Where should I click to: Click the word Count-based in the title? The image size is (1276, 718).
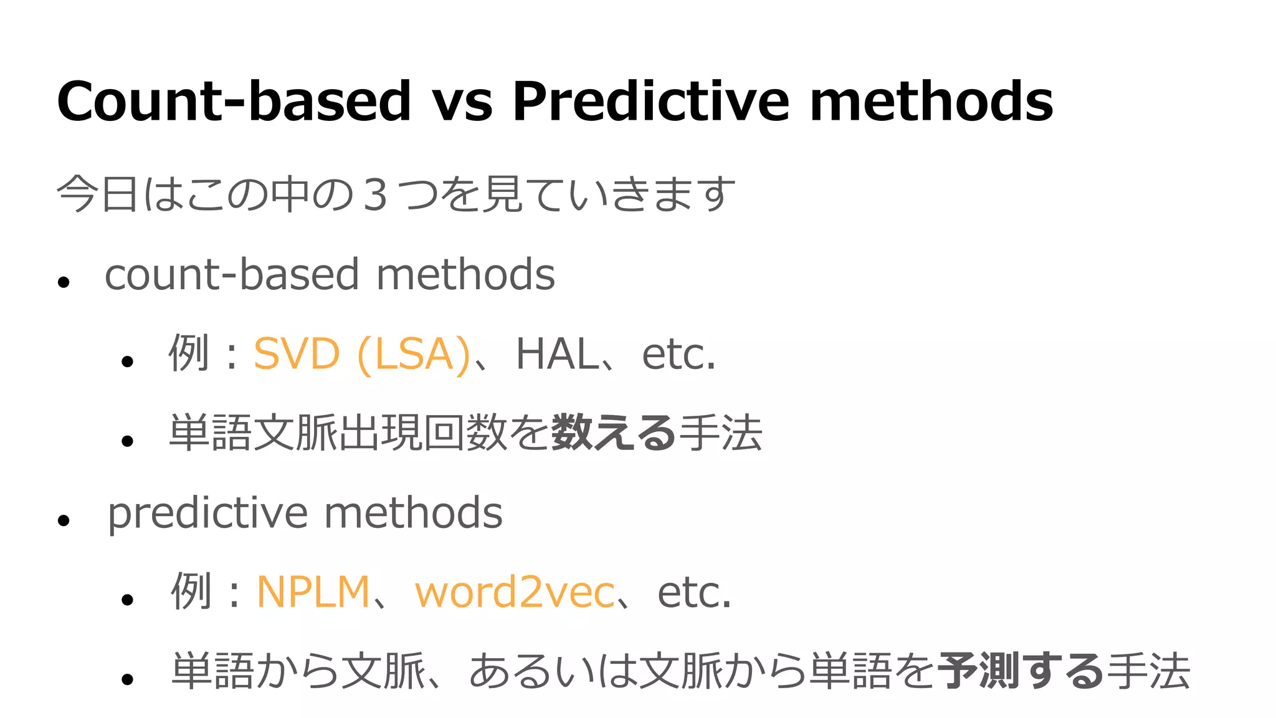[234, 101]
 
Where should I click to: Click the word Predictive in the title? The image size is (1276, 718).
[651, 101]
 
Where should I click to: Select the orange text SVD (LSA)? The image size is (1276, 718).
[361, 354]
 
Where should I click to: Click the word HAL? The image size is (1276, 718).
[556, 354]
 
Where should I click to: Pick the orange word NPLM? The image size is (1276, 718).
[313, 592]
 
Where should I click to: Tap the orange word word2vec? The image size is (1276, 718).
[515, 592]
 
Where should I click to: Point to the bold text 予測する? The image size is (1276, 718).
[1021, 671]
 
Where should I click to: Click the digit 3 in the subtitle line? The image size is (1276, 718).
[376, 194]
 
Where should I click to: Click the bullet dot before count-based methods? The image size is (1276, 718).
[63, 282]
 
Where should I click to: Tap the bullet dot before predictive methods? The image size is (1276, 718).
[63, 520]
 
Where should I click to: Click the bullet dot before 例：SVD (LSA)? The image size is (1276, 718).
[128, 361]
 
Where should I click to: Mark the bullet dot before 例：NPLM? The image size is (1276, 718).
[128, 600]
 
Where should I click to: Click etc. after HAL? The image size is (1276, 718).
[678, 354]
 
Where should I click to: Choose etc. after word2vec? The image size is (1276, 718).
[694, 592]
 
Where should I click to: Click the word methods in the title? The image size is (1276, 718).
[931, 101]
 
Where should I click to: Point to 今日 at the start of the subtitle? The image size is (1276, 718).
[97, 194]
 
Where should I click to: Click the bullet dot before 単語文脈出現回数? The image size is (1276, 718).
[128, 441]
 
